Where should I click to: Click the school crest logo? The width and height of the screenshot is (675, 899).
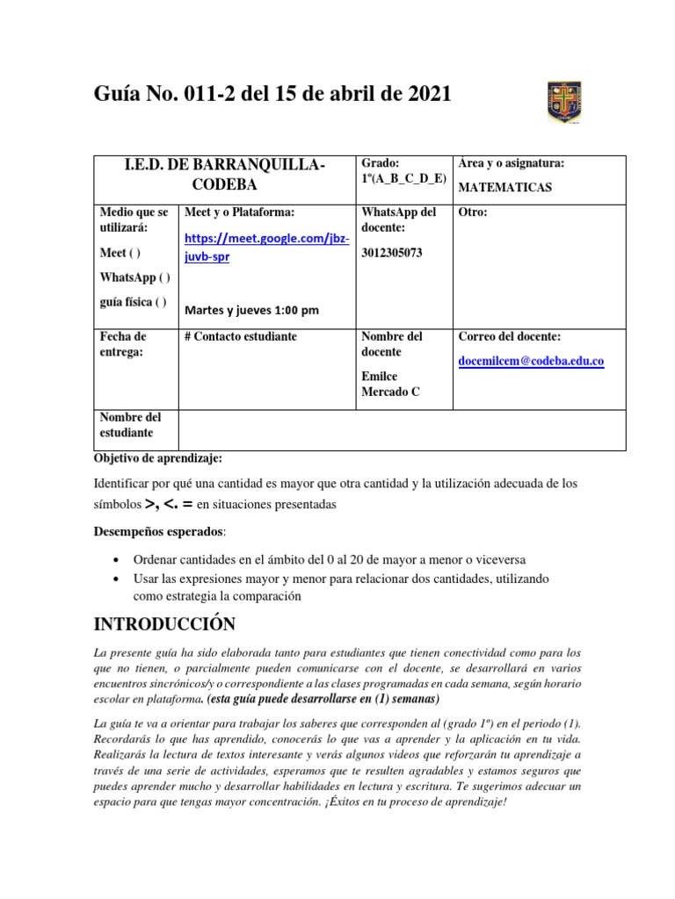point(563,102)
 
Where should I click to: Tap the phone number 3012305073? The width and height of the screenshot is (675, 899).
point(392,253)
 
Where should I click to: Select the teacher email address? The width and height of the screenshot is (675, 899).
point(531,361)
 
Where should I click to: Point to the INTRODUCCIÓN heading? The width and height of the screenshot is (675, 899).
point(165,624)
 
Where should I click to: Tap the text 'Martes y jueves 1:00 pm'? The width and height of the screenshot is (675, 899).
point(251,310)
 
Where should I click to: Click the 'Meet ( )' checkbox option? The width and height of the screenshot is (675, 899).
point(120,253)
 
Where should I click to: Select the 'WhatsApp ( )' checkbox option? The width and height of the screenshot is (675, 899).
point(135,277)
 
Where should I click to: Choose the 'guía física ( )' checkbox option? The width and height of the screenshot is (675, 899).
point(133,302)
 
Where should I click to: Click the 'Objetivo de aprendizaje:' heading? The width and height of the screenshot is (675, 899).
point(159,458)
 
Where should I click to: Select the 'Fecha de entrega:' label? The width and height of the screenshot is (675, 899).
point(123,344)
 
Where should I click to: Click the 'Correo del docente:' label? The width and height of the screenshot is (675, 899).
point(510,336)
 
